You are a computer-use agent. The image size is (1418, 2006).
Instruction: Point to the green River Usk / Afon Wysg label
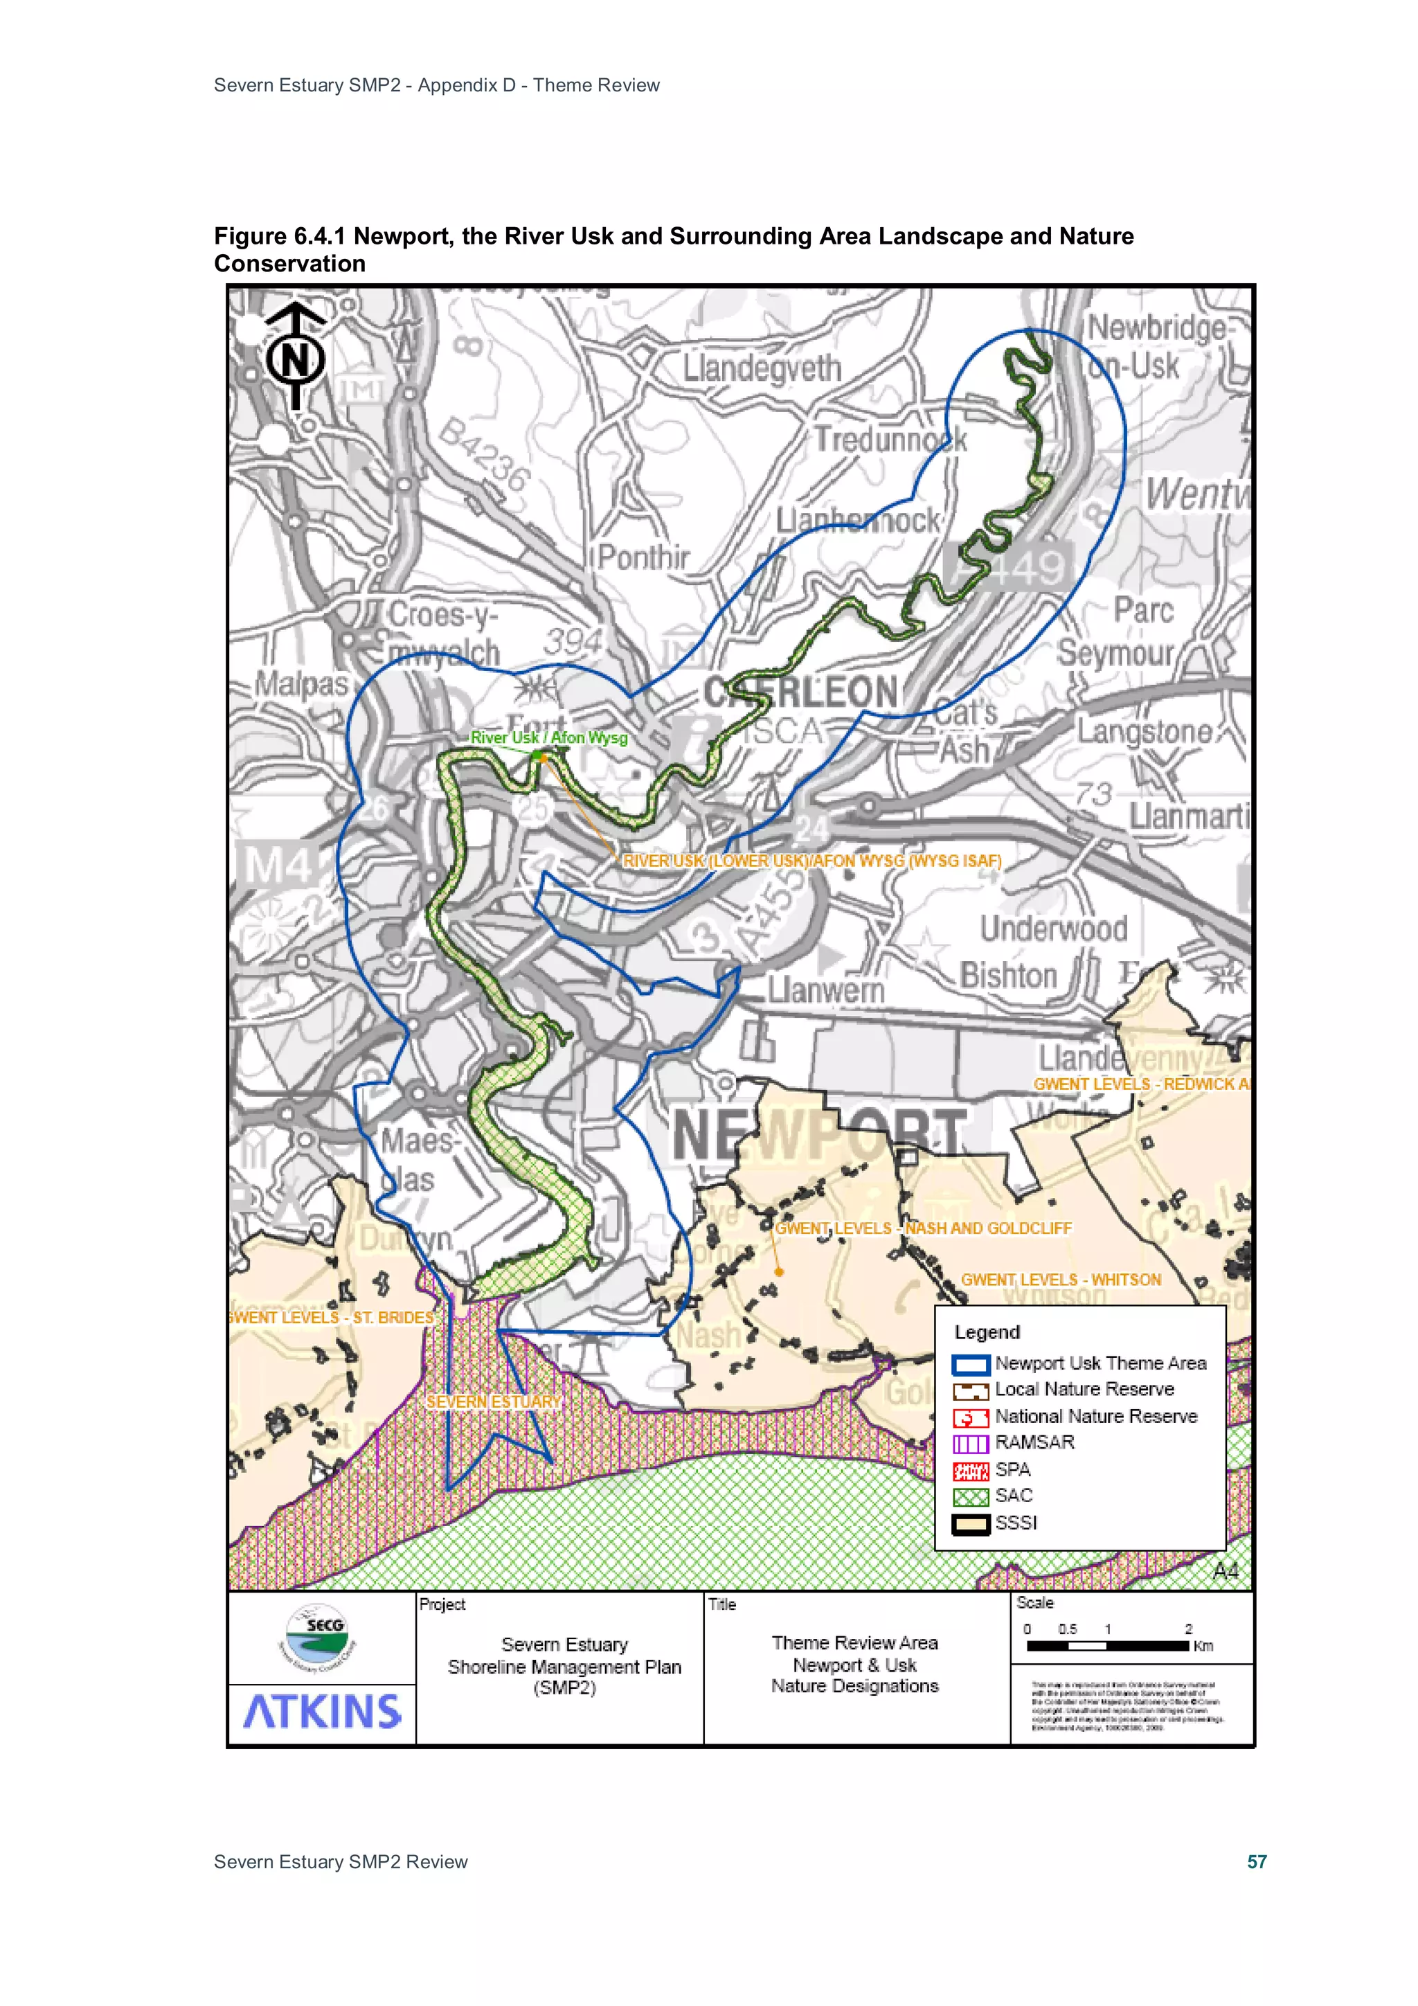pyautogui.click(x=548, y=737)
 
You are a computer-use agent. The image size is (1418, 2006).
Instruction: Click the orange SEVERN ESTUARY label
pyautogui.click(x=493, y=1401)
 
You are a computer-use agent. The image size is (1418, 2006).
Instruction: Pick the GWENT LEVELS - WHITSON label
pyautogui.click(x=1061, y=1279)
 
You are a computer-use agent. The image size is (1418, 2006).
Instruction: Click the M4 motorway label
pyautogui.click(x=276, y=867)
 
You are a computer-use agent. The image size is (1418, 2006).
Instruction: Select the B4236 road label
pyautogui.click(x=484, y=455)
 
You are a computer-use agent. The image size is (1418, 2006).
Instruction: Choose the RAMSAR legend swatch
pyautogui.click(x=970, y=1442)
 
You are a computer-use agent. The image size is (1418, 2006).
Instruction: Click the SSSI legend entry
pyautogui.click(x=1015, y=1522)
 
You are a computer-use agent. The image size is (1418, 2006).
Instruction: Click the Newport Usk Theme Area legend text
pyautogui.click(x=1100, y=1363)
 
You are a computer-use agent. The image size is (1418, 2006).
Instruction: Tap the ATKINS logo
pyautogui.click(x=321, y=1712)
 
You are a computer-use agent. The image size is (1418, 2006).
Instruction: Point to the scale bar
pyautogui.click(x=1108, y=1645)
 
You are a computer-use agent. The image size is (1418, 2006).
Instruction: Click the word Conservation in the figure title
pyautogui.click(x=289, y=264)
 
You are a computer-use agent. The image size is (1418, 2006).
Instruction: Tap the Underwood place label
pyautogui.click(x=1053, y=928)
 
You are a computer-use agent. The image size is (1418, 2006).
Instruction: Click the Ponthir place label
pyautogui.click(x=643, y=557)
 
